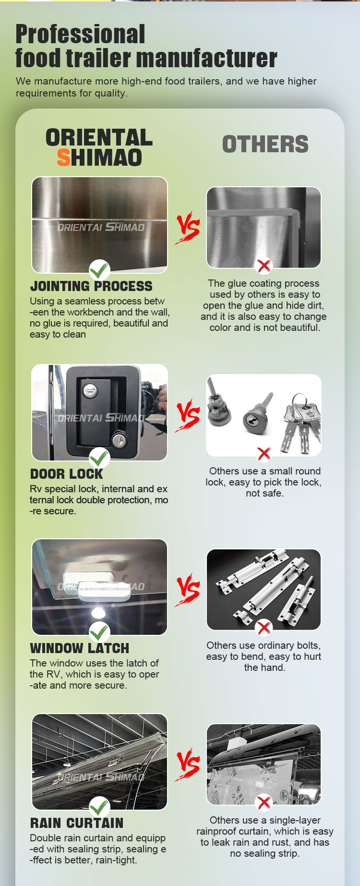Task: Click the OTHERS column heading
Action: click(x=265, y=144)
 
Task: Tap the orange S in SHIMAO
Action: click(x=63, y=158)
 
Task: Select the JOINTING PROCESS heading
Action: click(x=91, y=286)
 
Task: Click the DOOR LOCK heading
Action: click(x=66, y=474)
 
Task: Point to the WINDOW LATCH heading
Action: click(x=80, y=648)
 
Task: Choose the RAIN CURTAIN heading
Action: click(x=77, y=823)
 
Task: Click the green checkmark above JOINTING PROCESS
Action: click(x=99, y=270)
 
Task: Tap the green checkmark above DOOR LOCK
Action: click(x=99, y=458)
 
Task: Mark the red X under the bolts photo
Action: click(x=264, y=627)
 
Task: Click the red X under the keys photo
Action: click(x=264, y=453)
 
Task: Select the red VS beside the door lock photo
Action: click(x=188, y=415)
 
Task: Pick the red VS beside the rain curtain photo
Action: click(x=188, y=764)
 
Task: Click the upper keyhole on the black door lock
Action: click(x=89, y=391)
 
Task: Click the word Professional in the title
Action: click(x=80, y=35)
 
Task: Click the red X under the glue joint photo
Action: click(x=264, y=265)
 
